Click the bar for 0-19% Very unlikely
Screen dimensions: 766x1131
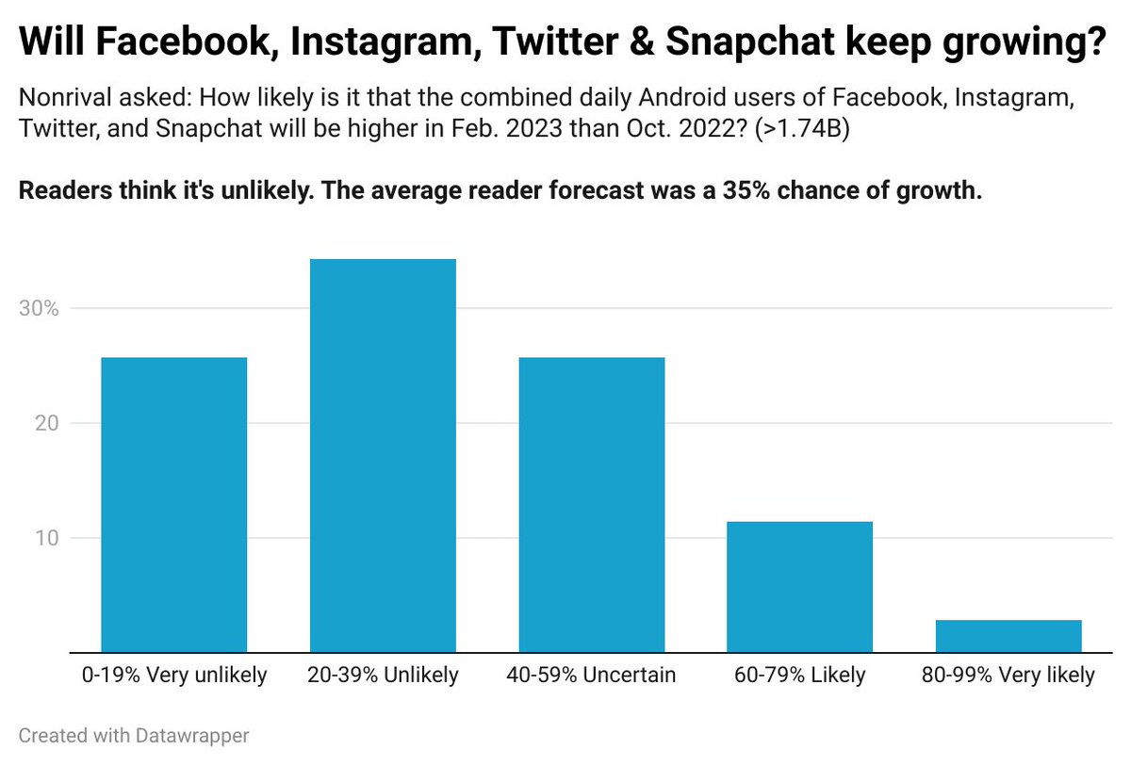(173, 504)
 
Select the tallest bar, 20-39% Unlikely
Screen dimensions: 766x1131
(383, 455)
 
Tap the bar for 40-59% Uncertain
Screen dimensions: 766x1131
(592, 504)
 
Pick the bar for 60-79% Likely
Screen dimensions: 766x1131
(800, 586)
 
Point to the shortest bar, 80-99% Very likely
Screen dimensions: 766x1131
(1008, 635)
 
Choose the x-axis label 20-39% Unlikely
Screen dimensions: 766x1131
(383, 676)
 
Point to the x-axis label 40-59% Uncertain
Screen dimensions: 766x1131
(592, 676)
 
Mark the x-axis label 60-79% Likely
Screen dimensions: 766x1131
(800, 676)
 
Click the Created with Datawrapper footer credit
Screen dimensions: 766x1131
(133, 736)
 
